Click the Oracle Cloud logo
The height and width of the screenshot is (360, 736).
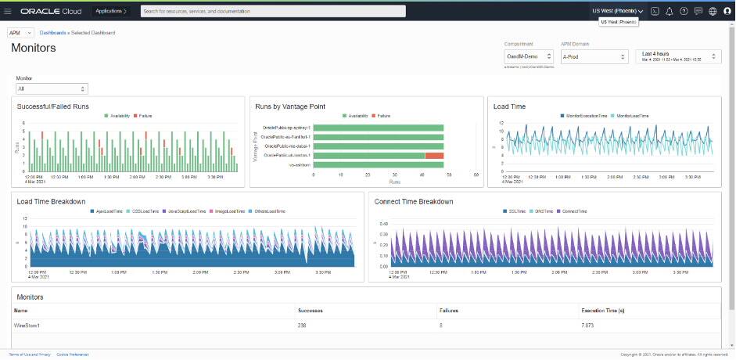point(53,11)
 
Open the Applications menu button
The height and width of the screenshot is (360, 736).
point(111,11)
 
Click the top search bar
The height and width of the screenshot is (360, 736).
point(273,11)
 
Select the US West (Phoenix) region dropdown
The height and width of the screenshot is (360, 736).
point(617,11)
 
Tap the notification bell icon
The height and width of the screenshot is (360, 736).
point(669,11)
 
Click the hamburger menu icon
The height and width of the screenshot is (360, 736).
point(8,11)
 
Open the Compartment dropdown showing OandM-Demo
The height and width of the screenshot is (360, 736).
point(528,56)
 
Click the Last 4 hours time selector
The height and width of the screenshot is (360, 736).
point(677,56)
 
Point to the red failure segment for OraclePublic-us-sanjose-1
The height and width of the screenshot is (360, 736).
point(434,156)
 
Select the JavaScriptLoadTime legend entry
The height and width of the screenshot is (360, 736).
point(187,211)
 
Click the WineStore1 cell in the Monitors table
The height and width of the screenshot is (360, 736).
point(27,323)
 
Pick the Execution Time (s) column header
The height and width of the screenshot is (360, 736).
point(602,310)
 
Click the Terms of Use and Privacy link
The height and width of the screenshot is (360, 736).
point(30,355)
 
